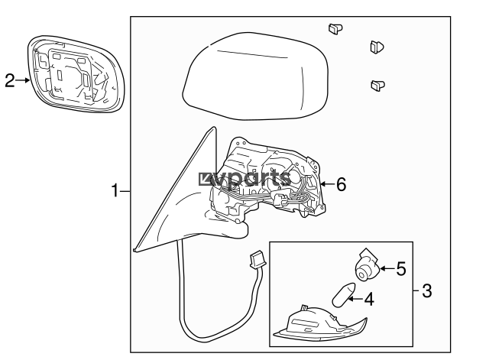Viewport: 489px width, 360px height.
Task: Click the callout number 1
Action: (115, 190)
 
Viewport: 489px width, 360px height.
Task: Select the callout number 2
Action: (10, 80)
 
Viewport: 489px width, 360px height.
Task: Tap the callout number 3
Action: (427, 290)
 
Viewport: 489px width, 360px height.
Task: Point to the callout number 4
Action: (369, 299)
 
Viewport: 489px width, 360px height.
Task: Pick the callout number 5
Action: (401, 268)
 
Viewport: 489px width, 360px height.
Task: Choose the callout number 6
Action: (342, 184)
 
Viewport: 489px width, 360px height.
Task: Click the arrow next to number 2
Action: (23, 80)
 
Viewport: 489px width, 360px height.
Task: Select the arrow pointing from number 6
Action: (328, 184)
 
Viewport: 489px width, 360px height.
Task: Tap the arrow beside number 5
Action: (387, 268)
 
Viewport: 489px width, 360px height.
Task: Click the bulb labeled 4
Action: (344, 294)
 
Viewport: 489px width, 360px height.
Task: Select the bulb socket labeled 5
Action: (368, 265)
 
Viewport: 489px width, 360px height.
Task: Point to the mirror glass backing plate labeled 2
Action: (76, 74)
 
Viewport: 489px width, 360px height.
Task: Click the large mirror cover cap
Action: (255, 76)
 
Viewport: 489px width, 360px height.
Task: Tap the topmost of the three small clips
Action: (335, 29)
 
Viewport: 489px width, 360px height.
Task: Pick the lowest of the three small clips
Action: (377, 85)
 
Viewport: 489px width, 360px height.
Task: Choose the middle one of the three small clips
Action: (377, 47)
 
